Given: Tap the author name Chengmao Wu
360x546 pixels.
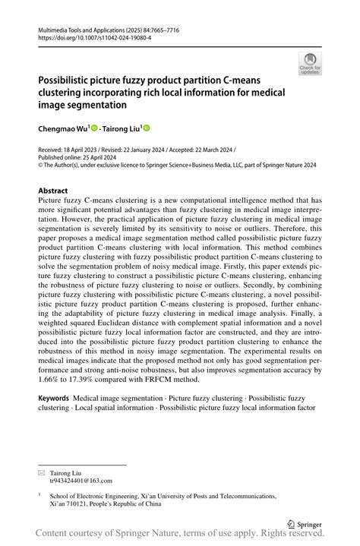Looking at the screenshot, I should point(63,128).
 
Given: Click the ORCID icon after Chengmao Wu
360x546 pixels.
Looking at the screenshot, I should point(96,128).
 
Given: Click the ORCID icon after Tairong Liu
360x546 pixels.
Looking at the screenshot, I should point(147,128).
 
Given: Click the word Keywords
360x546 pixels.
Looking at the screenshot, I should point(54,398).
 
